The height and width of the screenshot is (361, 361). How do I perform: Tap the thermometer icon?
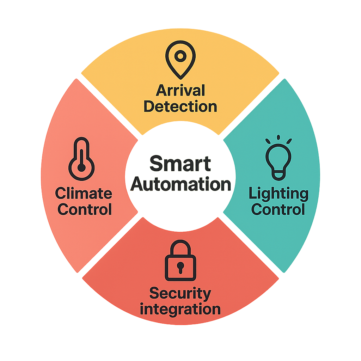[x=81, y=160]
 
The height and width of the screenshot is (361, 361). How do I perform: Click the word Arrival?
[x=180, y=91]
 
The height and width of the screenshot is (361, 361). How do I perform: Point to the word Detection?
[x=180, y=106]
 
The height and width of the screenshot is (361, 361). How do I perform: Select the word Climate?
[x=84, y=194]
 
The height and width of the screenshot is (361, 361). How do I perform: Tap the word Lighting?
[x=279, y=194]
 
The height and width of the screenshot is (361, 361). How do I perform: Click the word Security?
[x=180, y=294]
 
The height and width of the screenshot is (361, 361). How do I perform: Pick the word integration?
[x=180, y=309]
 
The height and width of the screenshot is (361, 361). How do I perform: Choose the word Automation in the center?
[x=180, y=184]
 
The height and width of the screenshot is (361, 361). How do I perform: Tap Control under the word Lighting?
[x=279, y=210]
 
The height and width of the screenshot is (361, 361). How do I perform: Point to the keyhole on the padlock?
[x=180, y=267]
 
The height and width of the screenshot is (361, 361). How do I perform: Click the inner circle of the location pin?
[x=180, y=56]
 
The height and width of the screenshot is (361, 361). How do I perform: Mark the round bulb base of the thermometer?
[x=81, y=168]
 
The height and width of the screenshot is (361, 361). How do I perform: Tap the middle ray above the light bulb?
[x=279, y=137]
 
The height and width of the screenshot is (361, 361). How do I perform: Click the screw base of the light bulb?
[x=279, y=173]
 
